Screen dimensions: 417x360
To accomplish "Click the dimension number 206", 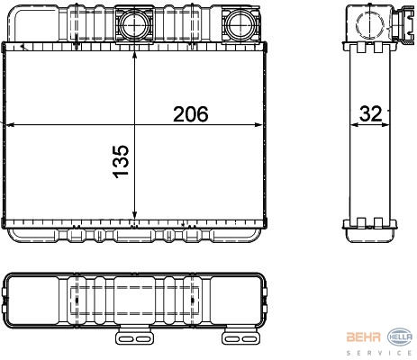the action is coord(191,114).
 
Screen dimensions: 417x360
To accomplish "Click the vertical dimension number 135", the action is coord(121,162).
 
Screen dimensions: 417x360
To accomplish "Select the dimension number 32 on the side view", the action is coord(371,114).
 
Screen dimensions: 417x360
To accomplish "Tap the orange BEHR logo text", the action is coord(364,337).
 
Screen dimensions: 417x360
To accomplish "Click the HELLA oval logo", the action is coord(400,337).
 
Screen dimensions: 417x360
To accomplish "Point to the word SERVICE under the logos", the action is coord(379,353).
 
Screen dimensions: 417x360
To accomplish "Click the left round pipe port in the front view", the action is coord(134,24).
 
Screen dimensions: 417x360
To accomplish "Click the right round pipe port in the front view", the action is coord(240,24).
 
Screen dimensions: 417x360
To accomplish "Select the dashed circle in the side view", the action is coord(370,24).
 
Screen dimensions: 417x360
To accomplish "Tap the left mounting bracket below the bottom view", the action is coord(135,337).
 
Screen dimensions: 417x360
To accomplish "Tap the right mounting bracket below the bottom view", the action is coord(240,337).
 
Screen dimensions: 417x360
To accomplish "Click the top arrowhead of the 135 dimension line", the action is coord(134,56).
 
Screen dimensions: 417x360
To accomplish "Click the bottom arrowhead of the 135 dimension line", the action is coord(134,214).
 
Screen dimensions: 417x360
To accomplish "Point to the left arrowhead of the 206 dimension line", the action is coord(11,125).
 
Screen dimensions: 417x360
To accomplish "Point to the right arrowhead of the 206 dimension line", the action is coord(258,125).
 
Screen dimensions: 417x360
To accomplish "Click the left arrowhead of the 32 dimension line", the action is coord(355,125).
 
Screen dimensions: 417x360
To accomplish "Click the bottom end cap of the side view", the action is coord(370,231).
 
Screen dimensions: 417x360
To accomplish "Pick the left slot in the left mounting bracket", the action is coord(127,339).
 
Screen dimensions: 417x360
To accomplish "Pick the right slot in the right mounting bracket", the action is coord(249,339).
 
